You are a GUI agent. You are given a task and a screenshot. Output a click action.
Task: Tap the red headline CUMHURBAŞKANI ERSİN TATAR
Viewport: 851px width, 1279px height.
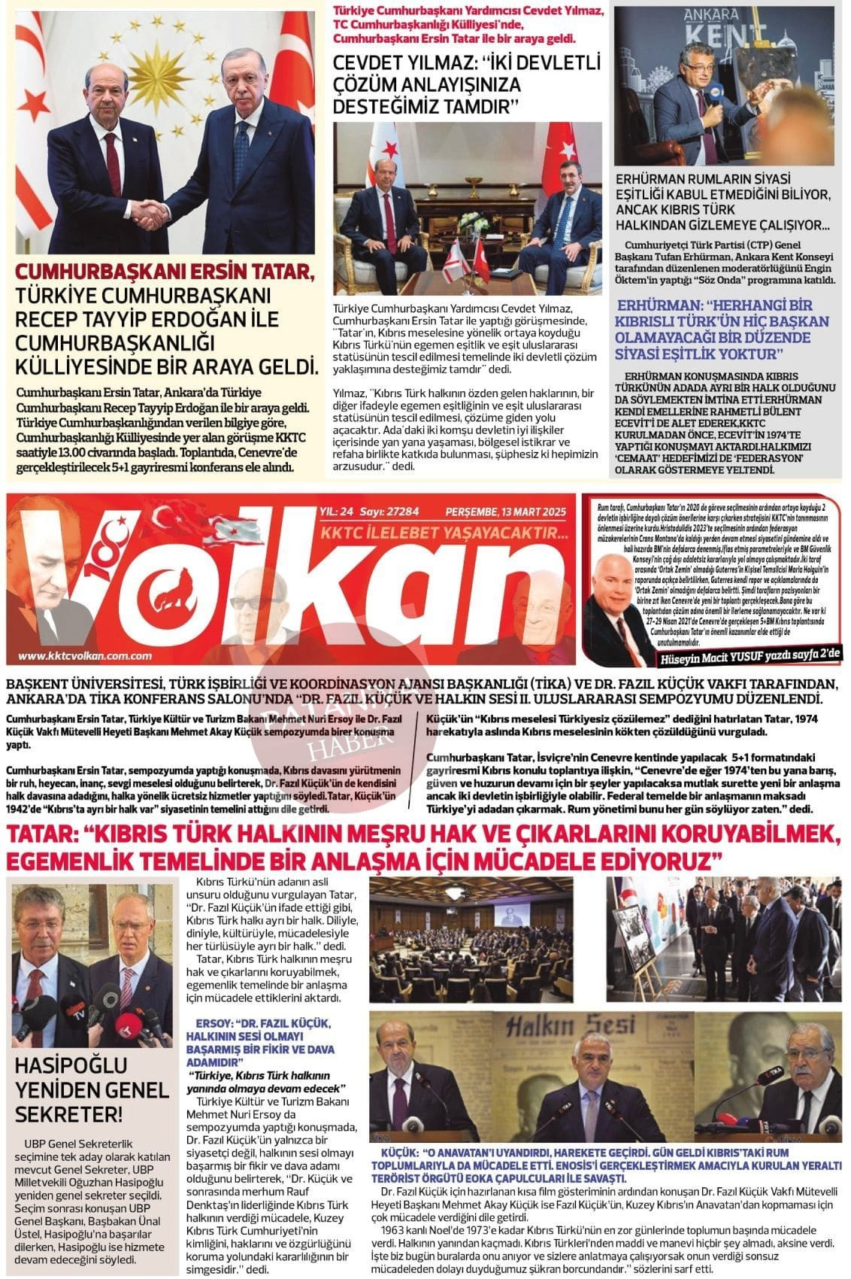166,272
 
